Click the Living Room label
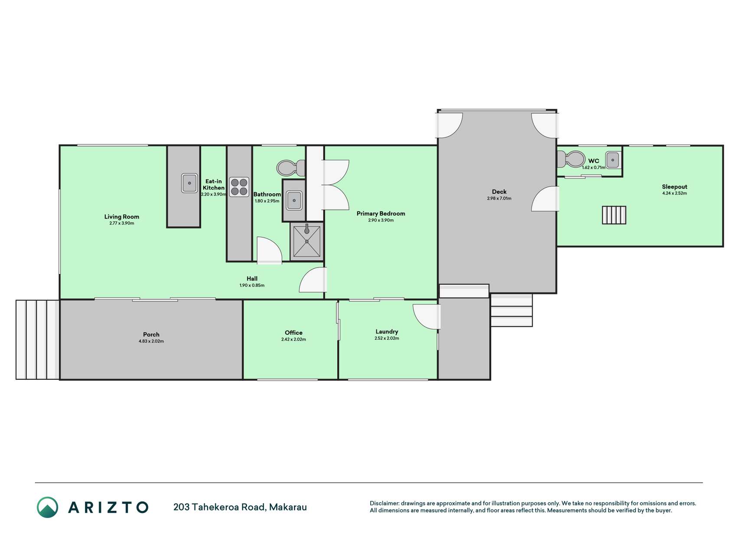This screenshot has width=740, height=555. point(122,217)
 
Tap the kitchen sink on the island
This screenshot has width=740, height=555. point(189,183)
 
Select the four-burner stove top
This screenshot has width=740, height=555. point(239,187)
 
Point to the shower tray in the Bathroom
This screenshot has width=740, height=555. point(307,241)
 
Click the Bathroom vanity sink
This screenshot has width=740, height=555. point(294,200)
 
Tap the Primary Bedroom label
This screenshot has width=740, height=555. point(381,213)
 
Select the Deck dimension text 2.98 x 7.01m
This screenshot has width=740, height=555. point(499,199)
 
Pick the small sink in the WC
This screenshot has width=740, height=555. point(613,160)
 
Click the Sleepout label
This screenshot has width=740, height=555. point(675,187)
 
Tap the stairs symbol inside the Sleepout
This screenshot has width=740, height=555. point(614,215)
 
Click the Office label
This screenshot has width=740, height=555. point(293,333)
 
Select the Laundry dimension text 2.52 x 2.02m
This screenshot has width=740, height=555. point(387,338)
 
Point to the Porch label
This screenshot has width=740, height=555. point(151,334)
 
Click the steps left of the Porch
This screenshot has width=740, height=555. point(37,340)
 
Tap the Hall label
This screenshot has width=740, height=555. point(252,279)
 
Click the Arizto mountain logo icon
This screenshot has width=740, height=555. point(47,507)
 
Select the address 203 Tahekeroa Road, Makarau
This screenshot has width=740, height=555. point(240,507)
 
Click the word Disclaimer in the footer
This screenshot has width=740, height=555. point(384,503)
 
